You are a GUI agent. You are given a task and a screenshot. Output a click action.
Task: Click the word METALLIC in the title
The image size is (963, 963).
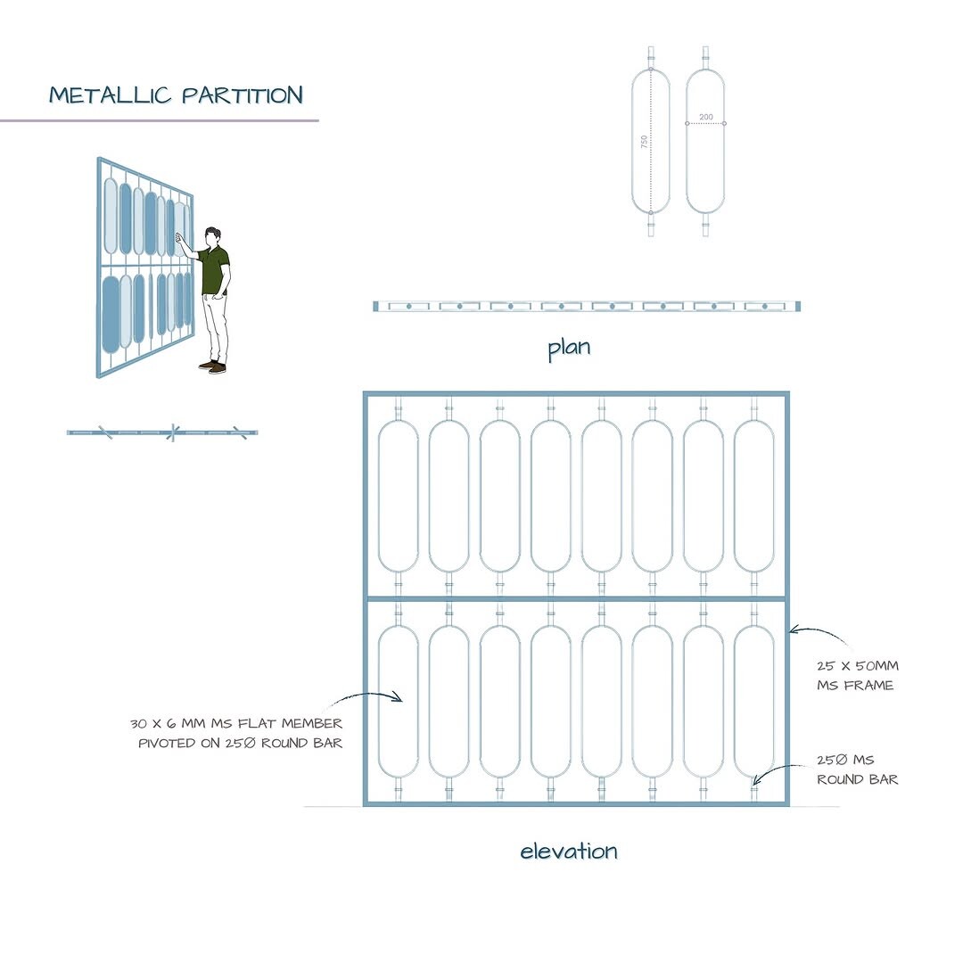point(110,95)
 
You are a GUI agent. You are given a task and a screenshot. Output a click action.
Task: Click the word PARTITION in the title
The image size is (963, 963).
point(243,95)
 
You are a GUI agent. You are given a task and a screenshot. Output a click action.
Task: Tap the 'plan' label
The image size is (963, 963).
point(569,349)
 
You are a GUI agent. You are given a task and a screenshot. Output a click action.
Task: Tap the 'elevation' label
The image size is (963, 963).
point(569,851)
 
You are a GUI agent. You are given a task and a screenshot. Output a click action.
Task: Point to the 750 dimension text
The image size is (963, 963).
point(644,141)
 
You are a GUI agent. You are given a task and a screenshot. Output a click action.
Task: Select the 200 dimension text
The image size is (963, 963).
point(706,117)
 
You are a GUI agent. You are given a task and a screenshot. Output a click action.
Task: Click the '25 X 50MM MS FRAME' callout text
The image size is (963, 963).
point(858,675)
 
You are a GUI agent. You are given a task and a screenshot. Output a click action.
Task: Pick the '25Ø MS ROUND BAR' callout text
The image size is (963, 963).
point(858,770)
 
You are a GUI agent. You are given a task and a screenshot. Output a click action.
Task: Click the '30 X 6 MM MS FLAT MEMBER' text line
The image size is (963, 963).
point(236,723)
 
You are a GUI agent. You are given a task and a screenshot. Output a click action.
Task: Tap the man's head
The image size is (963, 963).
point(212,236)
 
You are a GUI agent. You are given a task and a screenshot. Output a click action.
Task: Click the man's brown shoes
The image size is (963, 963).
point(212,367)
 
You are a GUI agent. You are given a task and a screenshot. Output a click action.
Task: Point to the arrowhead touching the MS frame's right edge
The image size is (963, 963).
point(794,630)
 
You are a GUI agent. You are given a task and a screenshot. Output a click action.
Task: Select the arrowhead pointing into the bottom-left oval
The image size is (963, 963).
point(398,697)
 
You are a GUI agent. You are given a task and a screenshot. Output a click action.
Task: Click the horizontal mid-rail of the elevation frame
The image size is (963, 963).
point(576,598)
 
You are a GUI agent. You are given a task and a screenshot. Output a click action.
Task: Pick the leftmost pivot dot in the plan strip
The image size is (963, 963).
point(408,306)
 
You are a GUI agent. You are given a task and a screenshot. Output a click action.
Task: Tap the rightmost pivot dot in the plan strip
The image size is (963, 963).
point(765,306)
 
